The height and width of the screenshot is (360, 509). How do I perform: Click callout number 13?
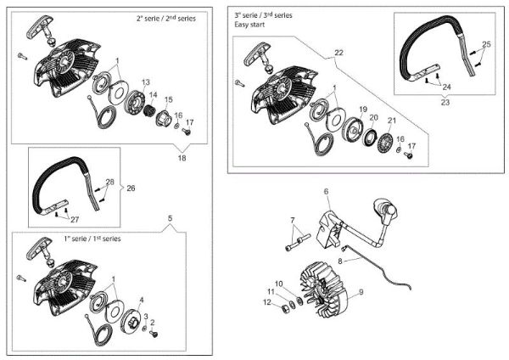(146, 82)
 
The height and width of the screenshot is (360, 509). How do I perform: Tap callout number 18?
(182, 158)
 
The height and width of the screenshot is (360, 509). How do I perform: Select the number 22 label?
(338, 53)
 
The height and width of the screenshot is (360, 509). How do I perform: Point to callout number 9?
(360, 292)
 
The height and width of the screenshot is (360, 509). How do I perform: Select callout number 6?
(326, 192)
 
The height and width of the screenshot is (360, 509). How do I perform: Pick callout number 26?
(131, 188)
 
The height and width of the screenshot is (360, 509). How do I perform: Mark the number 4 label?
(142, 300)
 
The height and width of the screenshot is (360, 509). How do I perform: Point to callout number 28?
(109, 181)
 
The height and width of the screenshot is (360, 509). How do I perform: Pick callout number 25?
(486, 43)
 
